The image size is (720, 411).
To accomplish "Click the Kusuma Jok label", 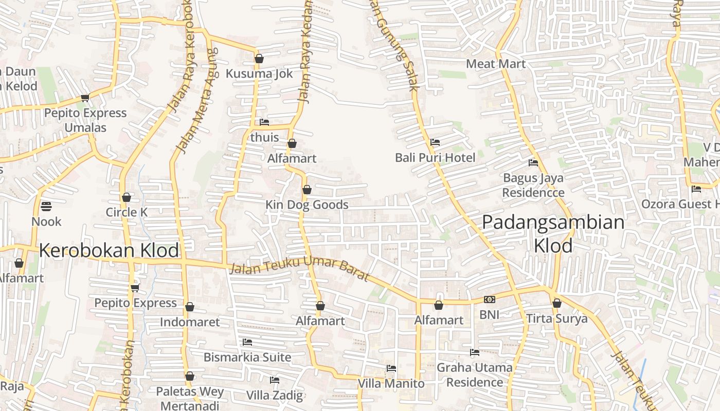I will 259,73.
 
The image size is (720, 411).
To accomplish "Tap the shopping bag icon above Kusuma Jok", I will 259,59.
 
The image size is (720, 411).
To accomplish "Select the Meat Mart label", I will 496,64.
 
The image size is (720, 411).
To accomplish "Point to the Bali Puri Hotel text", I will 435,157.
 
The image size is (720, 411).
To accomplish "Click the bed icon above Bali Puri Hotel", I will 435,142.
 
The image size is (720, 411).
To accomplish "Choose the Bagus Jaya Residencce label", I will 533,185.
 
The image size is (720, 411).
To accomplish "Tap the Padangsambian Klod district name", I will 553,234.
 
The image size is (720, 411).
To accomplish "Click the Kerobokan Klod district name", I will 109,251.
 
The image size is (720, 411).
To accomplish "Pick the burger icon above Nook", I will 46,207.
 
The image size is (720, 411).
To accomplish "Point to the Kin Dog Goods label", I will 307,204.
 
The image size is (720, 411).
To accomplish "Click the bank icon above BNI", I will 490,300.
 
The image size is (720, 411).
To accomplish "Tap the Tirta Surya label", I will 556,319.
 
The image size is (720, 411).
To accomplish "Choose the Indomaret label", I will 190,322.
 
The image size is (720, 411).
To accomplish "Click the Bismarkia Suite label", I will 247,357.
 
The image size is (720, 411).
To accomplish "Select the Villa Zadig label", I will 275,396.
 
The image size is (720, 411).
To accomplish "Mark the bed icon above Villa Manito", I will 391,368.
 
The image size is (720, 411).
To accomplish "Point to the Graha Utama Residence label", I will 475,375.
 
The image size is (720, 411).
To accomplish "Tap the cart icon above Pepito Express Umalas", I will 85,98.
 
